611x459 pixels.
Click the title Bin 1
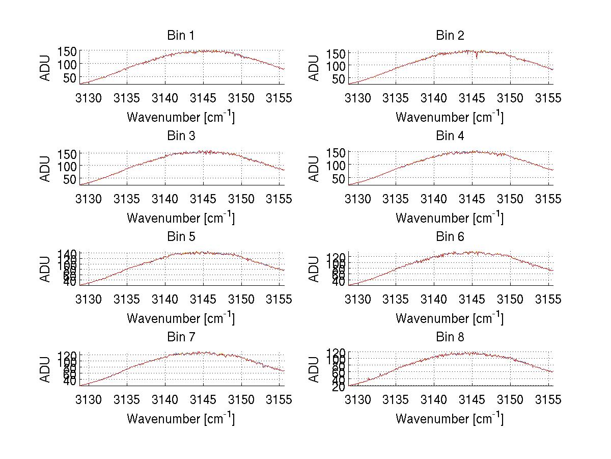tap(180, 36)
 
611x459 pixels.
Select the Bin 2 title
tap(450, 36)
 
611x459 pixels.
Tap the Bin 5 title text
tap(180, 237)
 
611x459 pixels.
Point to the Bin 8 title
tap(450, 337)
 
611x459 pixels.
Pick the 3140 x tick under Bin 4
tap(434, 199)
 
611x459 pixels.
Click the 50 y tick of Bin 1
tap(69, 77)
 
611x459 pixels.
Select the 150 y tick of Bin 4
tap(339, 152)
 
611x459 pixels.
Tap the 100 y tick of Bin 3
tap(69, 166)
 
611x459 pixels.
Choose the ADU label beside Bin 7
tap(45, 369)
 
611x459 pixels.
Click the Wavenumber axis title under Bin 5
tap(180, 318)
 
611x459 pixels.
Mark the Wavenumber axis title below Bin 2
tap(450, 117)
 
